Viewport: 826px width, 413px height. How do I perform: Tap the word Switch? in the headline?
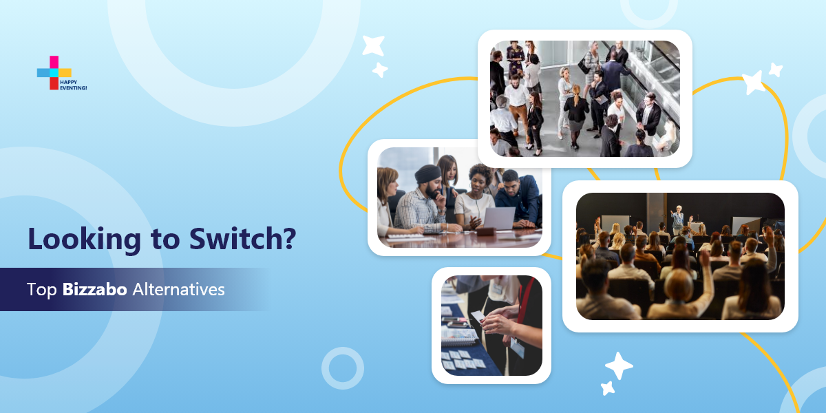pos(242,239)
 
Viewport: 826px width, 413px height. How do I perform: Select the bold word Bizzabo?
pos(95,290)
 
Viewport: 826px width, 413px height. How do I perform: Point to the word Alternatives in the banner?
pos(178,290)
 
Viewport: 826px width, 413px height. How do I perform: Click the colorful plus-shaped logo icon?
pos(54,73)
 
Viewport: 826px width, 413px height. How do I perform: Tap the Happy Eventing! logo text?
pos(73,85)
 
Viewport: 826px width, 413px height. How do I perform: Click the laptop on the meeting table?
pos(498,218)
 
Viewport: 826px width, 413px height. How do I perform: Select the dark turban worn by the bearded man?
pos(427,173)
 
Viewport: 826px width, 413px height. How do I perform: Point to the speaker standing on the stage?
pos(677,220)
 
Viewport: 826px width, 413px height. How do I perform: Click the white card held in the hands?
pos(478,317)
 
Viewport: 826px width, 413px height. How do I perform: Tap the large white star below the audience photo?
pos(619,366)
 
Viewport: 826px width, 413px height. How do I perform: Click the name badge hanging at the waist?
pos(518,347)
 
